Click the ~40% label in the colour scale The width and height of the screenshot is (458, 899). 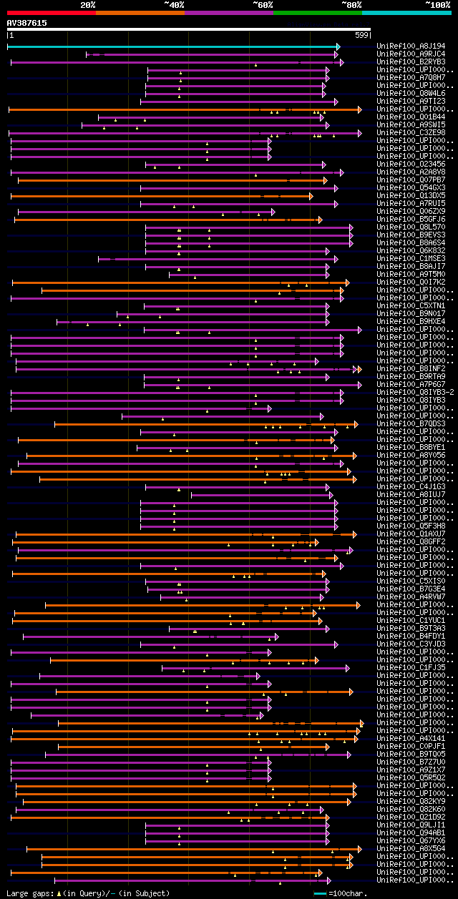coord(174,5)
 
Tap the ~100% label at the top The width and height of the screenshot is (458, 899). coord(437,5)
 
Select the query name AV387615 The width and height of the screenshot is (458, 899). coord(26,23)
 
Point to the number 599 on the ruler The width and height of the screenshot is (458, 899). coord(361,35)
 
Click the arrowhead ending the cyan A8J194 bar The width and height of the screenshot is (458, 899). coord(338,46)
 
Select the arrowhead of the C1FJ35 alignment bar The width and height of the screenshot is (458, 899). coord(347,668)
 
